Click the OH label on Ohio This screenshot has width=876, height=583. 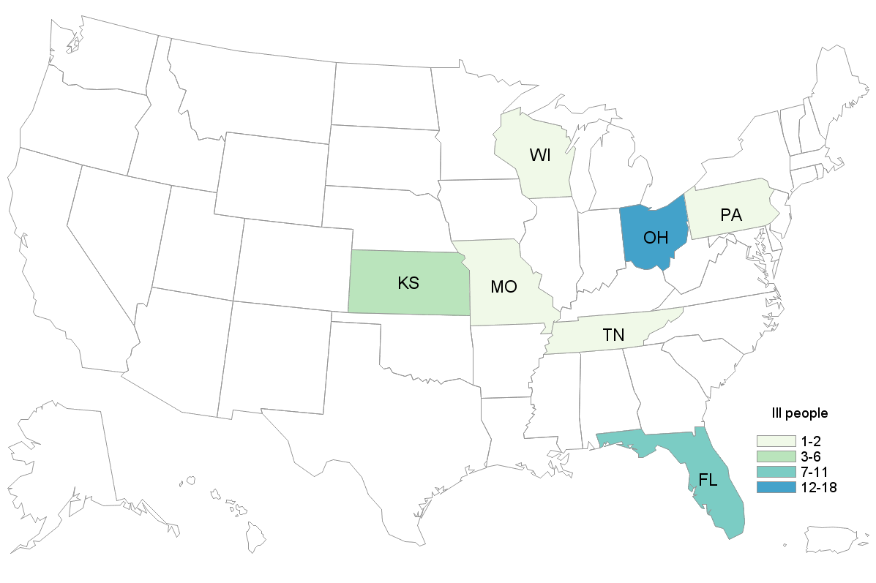[655, 238]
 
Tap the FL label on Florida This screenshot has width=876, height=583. [708, 481]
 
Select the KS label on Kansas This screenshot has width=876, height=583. [408, 283]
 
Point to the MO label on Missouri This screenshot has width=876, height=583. [504, 287]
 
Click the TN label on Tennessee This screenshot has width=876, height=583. [613, 336]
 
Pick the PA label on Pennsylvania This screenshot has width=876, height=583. [730, 216]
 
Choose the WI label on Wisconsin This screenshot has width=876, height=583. [540, 155]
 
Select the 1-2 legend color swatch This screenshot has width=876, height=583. [776, 440]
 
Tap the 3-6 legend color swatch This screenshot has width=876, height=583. [776, 456]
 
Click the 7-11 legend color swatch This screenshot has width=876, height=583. [776, 471]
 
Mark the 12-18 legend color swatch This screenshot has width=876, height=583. [776, 486]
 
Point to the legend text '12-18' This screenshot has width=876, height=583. [820, 486]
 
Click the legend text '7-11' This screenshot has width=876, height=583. [817, 471]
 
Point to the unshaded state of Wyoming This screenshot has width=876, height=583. [274, 179]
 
